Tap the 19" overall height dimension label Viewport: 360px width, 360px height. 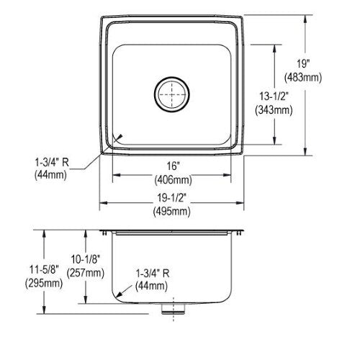pos(303,64)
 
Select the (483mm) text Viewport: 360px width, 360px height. pos(303,78)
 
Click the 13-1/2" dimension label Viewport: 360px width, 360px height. pos(274,96)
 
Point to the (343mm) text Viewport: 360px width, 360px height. pos(274,110)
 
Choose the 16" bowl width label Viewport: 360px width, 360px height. pos(173,166)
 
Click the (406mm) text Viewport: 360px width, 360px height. pos(173,179)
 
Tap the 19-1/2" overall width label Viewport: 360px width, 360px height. pos(172,198)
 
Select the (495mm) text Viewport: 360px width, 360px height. pos(172,212)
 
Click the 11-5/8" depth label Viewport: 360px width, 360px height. pos(44,269)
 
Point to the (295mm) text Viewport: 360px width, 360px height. pos(44,284)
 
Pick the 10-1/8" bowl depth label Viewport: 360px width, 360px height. pos(86,259)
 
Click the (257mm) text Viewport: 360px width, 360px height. pos(86,273)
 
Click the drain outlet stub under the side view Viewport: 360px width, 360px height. pos(174,308)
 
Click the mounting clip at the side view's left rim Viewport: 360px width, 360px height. pos(104,233)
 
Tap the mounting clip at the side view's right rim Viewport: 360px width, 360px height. pos(239,233)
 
